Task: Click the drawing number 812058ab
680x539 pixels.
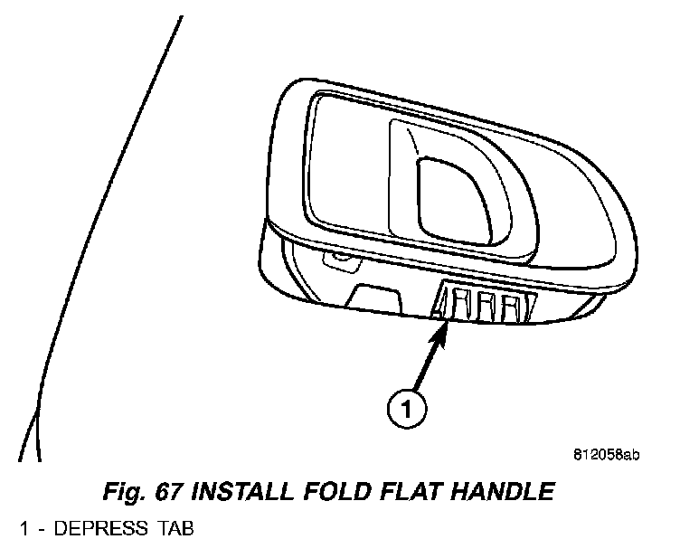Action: [x=605, y=455]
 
